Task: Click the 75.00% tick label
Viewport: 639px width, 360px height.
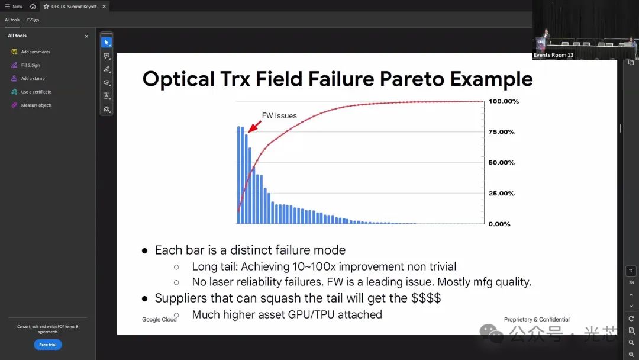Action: tap(501, 132)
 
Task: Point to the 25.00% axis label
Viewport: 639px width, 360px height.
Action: tap(501, 193)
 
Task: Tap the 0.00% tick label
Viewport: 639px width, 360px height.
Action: tap(499, 224)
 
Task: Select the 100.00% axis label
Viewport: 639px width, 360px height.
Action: tap(504, 101)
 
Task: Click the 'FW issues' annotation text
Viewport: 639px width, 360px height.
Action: tap(279, 116)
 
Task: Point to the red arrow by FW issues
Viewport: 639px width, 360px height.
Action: tap(254, 126)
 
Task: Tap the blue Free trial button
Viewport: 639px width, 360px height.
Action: tap(48, 345)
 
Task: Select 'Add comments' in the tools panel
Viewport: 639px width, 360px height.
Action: tap(35, 52)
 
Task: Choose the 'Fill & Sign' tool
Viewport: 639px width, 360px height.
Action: tap(31, 65)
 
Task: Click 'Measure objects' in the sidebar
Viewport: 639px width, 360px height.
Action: tap(36, 105)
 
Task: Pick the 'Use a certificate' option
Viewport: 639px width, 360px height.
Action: tap(36, 92)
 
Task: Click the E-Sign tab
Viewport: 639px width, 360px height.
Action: tap(33, 20)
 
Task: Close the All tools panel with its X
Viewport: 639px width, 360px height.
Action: tap(86, 36)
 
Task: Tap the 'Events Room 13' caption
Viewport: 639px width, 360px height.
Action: tap(553, 55)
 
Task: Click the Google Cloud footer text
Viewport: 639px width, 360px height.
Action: tap(159, 320)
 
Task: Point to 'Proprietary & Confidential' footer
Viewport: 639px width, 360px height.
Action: tap(537, 319)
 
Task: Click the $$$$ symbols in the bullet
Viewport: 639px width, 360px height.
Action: tap(426, 298)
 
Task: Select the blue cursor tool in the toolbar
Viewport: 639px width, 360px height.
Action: tap(106, 43)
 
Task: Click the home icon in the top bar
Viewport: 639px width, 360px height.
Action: tap(33, 6)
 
